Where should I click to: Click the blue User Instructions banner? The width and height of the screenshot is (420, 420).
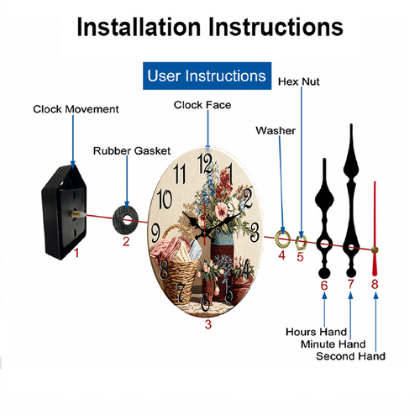coord(207,76)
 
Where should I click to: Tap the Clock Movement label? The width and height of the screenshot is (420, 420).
coord(76,109)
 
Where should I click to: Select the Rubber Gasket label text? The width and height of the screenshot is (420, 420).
coord(132,151)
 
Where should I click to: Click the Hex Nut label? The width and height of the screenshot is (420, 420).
coord(299,81)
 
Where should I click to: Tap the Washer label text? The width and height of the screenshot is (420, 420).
coord(276,131)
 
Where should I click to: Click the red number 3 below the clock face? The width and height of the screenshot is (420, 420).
coord(208,324)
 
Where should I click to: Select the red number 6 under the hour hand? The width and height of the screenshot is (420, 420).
coord(324,286)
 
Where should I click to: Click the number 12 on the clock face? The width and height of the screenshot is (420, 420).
coord(205,164)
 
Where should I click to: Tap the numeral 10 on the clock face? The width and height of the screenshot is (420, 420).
coord(165,199)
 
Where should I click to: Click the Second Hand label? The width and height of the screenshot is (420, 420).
coord(350,356)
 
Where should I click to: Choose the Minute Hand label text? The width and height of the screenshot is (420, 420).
coord(333,344)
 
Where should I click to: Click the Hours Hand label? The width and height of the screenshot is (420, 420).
coord(317,332)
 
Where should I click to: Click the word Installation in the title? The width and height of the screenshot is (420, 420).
coord(139,27)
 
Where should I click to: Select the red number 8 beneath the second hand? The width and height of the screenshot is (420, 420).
coord(375,284)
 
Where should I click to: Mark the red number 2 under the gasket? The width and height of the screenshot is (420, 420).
coord(126,242)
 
